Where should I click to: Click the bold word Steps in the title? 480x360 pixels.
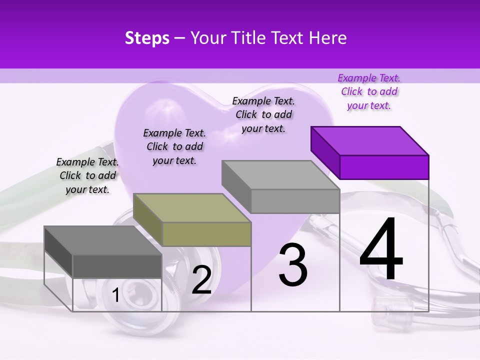tap(147, 38)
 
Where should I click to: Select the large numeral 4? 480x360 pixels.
tap(381, 249)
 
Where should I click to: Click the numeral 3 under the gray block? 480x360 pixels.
tap(293, 265)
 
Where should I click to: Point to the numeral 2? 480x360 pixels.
tap(202, 280)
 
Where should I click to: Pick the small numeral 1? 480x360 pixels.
tap(116, 295)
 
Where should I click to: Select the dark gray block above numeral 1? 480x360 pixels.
tap(103, 251)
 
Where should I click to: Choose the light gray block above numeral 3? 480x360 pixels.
tap(280, 186)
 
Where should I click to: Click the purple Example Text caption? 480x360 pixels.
tap(369, 91)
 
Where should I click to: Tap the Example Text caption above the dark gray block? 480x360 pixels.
tap(87, 175)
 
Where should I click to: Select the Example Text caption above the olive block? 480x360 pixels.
tap(174, 146)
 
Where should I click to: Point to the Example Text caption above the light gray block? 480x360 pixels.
tap(263, 114)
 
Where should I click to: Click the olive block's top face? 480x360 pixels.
tap(192, 208)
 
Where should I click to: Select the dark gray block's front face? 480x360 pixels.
tap(117, 266)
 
